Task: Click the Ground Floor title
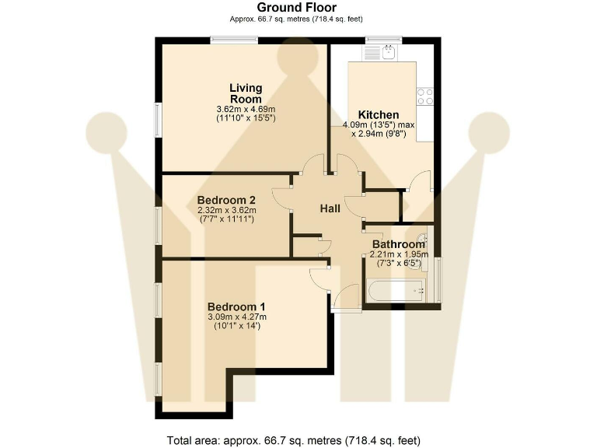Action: (x=297, y=8)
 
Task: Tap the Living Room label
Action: (x=246, y=93)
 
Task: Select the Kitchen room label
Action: (x=378, y=114)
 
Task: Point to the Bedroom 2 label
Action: (x=226, y=198)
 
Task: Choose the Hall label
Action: (x=331, y=208)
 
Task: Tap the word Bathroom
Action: (x=398, y=245)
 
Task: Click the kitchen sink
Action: (x=384, y=53)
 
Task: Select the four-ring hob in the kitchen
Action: (x=425, y=96)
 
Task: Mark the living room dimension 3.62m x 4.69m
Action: (x=246, y=109)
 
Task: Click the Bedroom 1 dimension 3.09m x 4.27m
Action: (x=236, y=317)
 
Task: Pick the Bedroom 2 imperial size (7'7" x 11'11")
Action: (x=226, y=219)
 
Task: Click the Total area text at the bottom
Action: (x=294, y=440)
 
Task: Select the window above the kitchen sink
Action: (x=383, y=40)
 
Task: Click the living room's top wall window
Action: (x=235, y=40)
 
